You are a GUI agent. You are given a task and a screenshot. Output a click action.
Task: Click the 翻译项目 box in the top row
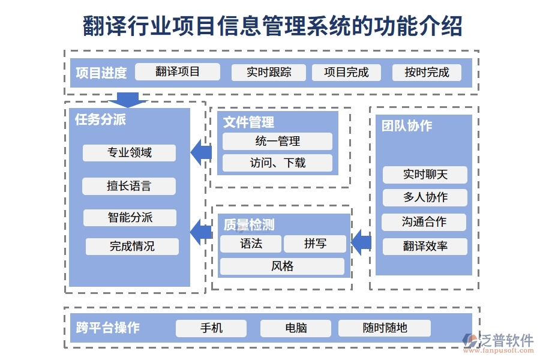pyautogui.click(x=178, y=72)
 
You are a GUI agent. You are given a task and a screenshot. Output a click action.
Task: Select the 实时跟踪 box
pyautogui.click(x=268, y=73)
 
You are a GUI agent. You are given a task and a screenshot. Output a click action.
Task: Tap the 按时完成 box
pyautogui.click(x=427, y=73)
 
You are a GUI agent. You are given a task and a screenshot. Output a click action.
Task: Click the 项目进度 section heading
pyautogui.click(x=101, y=73)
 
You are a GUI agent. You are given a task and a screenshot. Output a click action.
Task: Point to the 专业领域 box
pyautogui.click(x=129, y=153)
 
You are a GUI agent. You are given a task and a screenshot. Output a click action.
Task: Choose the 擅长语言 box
pyautogui.click(x=129, y=186)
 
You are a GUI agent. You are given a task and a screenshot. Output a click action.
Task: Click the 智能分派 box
pyautogui.click(x=130, y=218)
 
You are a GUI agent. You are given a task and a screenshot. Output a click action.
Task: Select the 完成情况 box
pyautogui.click(x=132, y=246)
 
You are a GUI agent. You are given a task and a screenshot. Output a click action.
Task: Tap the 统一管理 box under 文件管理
pyautogui.click(x=277, y=142)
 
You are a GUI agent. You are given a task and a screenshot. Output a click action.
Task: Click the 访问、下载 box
pyautogui.click(x=277, y=163)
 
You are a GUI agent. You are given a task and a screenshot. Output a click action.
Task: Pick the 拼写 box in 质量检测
pyautogui.click(x=315, y=244)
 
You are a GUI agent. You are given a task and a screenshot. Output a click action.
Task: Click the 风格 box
pyautogui.click(x=282, y=266)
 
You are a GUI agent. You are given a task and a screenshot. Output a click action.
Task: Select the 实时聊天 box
pyautogui.click(x=425, y=175)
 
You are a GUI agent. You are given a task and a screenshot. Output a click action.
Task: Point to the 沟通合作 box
pyautogui.click(x=424, y=222)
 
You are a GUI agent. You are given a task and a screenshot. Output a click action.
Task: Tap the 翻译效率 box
pyautogui.click(x=425, y=246)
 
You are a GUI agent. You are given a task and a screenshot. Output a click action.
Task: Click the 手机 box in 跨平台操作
pyautogui.click(x=211, y=328)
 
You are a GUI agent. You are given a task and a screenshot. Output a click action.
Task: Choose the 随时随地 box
pyautogui.click(x=385, y=328)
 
